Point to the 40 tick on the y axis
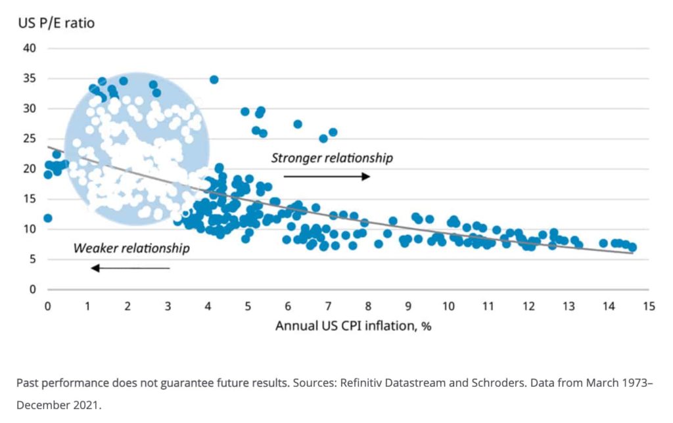(x=32, y=49)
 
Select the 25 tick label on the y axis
(x=32, y=139)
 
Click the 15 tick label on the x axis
(x=649, y=306)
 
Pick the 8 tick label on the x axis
(x=368, y=306)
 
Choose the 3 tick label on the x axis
(x=168, y=306)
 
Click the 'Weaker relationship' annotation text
(x=131, y=248)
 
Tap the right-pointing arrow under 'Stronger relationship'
(x=327, y=176)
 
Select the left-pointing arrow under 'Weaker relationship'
(x=130, y=267)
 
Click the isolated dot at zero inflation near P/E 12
(x=47, y=218)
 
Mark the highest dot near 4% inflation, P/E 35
(x=214, y=79)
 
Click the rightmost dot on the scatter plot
(x=632, y=248)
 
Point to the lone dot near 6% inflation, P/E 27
(x=298, y=124)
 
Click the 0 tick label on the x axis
(x=47, y=306)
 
